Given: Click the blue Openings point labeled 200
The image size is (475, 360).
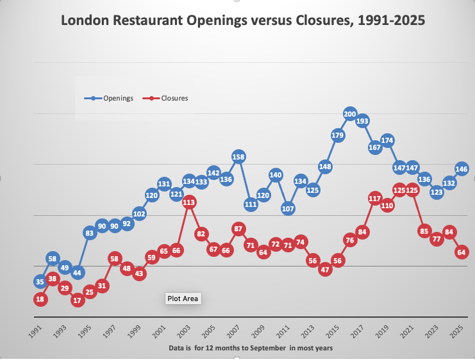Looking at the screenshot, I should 350,115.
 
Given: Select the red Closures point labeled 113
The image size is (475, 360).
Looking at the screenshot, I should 188,202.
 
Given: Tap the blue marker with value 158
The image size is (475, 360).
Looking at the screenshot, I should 238,156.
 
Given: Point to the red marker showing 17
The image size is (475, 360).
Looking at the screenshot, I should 78,300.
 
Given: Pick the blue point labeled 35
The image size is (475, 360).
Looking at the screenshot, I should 40,282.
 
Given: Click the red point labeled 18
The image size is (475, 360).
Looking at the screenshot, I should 40,299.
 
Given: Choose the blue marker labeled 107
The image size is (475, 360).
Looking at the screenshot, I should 288,208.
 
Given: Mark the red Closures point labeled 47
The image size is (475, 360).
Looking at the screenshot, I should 325,270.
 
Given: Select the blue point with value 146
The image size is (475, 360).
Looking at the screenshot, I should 462,169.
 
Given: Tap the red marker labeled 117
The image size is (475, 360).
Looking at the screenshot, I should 375,199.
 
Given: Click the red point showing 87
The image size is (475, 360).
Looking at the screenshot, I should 238,229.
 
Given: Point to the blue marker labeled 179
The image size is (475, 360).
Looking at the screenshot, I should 338,135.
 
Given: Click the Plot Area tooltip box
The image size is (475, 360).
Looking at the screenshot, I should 183,299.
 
